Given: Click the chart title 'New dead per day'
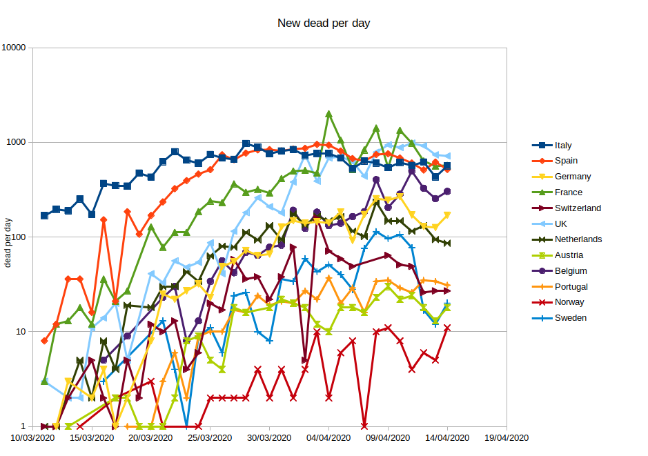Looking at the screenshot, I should coord(324,23).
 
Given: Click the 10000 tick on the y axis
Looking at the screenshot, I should coord(14,48).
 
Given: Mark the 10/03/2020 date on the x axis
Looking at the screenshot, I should coord(33,437).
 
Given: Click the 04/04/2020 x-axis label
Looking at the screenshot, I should coord(328,437).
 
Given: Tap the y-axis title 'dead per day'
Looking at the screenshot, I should coord(8,242).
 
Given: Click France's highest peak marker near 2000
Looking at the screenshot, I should coord(329,114).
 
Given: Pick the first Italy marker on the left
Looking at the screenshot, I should coord(45,215).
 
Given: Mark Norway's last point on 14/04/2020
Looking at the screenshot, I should coord(447,328).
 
